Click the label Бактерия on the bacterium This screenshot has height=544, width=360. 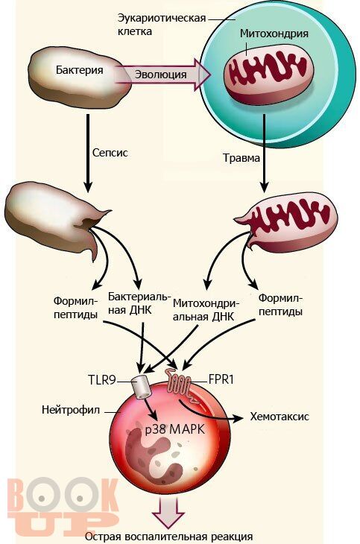[x=80, y=70]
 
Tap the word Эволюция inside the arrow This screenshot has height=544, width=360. [x=160, y=75]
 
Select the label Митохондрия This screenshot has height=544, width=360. [x=274, y=34]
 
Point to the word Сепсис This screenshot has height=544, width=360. [x=110, y=153]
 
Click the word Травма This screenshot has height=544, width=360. [x=241, y=158]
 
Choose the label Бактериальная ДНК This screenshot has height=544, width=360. [x=139, y=303]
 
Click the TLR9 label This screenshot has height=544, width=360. [x=101, y=380]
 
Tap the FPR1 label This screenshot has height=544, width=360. [x=221, y=379]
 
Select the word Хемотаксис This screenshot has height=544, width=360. [x=280, y=417]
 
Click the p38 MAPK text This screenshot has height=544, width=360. [x=175, y=429]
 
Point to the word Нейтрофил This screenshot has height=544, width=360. [x=71, y=410]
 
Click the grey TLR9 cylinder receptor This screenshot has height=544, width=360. [x=141, y=387]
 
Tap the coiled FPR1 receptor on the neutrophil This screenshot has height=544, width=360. [x=180, y=385]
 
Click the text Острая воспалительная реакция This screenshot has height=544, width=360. [x=168, y=537]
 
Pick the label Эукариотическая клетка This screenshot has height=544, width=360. [x=161, y=25]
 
